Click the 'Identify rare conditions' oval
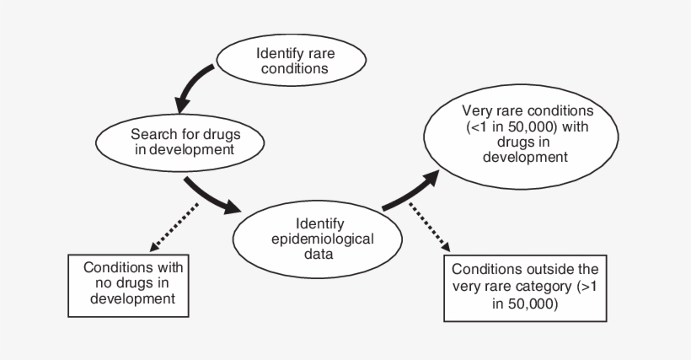292,62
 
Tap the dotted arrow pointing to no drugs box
175,227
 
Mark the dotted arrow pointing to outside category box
429,227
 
